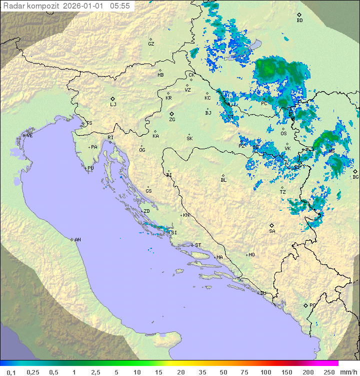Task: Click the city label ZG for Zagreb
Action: coord(172,120)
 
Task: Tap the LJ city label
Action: coord(113,104)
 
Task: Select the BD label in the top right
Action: coord(299,21)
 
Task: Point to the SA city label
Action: coord(272,231)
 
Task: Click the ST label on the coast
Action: coord(198,245)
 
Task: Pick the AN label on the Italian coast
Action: coord(77,240)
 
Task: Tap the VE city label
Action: coord(29,135)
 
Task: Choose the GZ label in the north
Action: coord(151,44)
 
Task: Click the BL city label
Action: coord(223,180)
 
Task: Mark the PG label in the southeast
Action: coord(312,305)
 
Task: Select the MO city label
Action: coord(251,254)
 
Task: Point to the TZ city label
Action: coord(283,192)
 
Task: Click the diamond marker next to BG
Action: coord(355,171)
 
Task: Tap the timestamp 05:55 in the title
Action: coord(120,6)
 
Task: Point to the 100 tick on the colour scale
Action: coord(265,372)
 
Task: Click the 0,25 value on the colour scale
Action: coord(33,372)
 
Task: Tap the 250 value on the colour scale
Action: coord(328,372)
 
